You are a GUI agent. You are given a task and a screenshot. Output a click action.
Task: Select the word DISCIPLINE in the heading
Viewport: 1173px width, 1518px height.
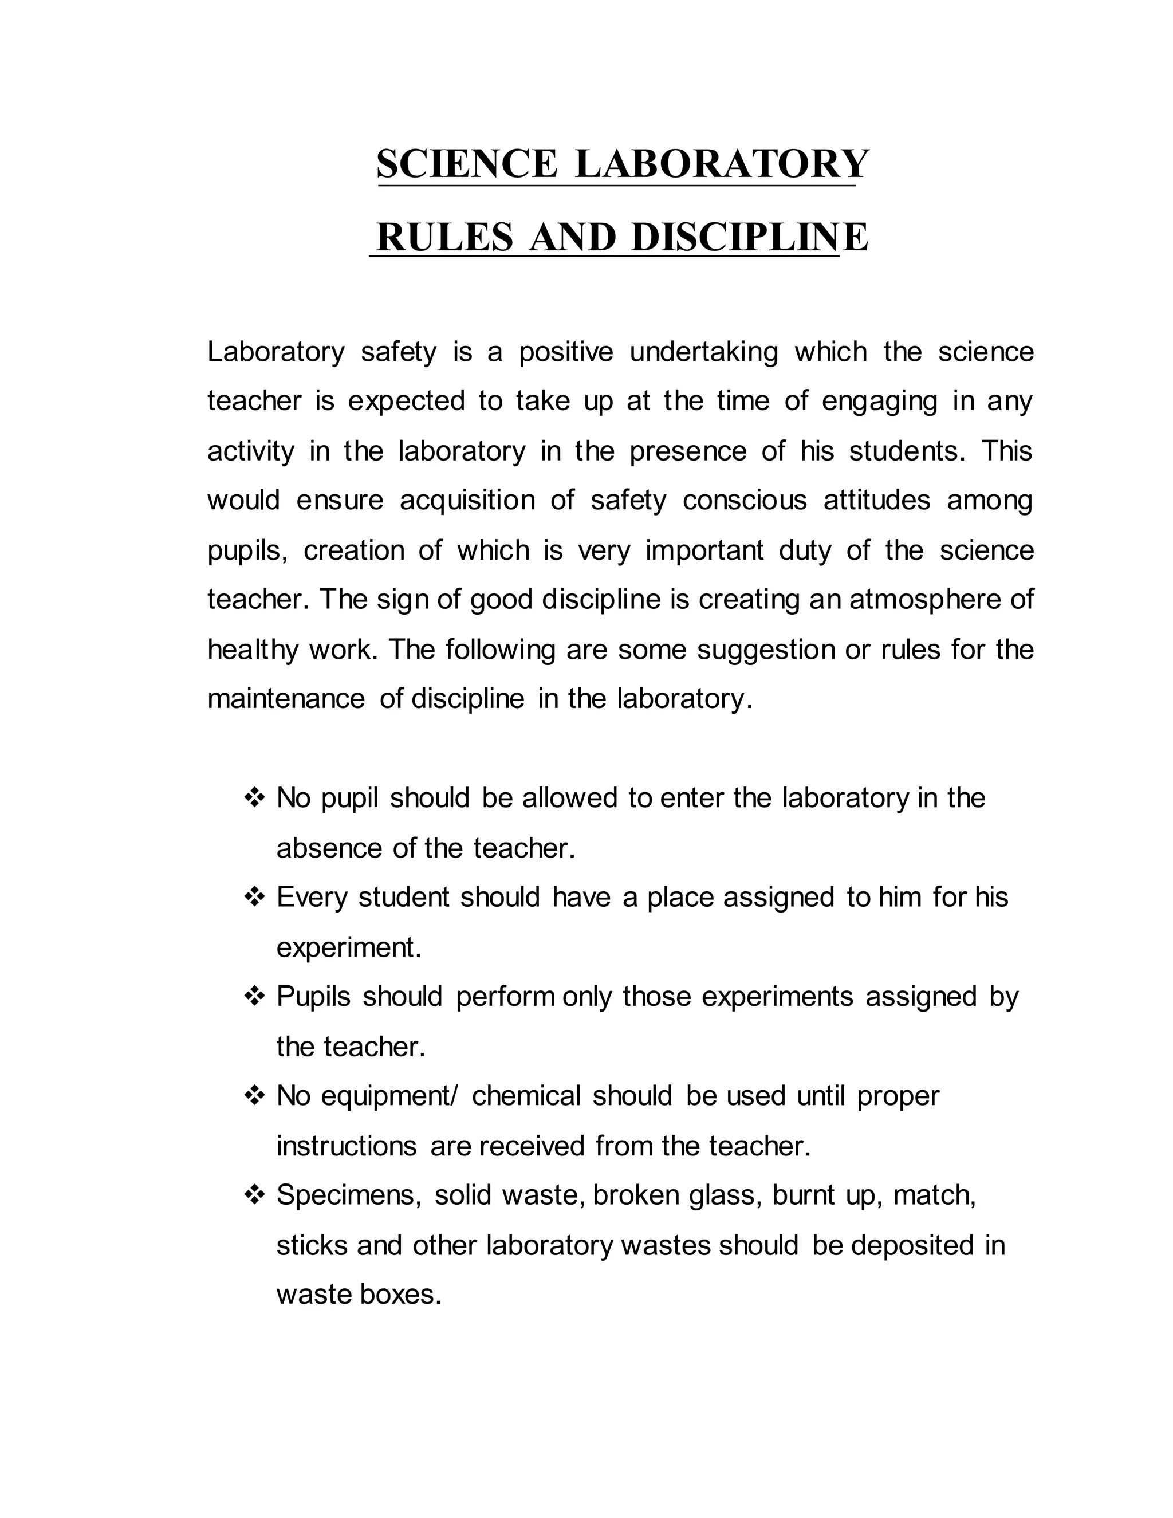coord(749,237)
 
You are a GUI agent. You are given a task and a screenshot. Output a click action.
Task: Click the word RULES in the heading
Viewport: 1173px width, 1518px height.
coord(444,237)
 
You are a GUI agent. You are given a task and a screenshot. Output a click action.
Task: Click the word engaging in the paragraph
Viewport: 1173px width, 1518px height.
coord(879,401)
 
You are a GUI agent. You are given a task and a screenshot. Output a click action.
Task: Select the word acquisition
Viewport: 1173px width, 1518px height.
coord(467,501)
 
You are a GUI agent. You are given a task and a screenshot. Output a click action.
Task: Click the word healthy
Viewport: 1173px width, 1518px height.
coord(252,650)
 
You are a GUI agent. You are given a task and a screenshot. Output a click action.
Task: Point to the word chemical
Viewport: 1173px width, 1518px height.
coord(525,1096)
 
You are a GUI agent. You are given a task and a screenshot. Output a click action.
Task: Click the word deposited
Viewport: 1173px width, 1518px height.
coord(912,1245)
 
